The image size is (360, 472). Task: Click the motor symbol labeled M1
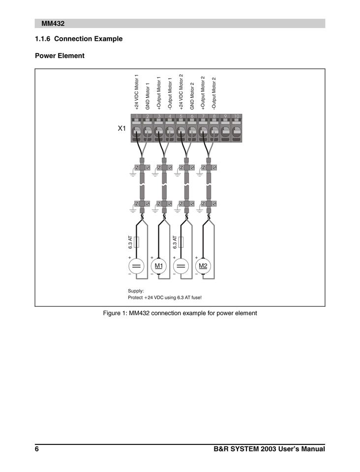pos(159,266)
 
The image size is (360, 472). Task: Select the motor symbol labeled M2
pos(203,266)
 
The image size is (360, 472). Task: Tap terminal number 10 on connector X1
pos(237,129)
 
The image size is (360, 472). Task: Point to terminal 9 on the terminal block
pos(225,129)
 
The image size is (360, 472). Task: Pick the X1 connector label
pos(122,128)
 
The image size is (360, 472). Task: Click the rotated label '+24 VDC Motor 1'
pos(136,92)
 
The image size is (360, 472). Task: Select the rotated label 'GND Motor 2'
pos(192,95)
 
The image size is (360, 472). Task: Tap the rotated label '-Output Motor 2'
pos(214,93)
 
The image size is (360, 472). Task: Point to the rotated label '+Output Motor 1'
pos(158,92)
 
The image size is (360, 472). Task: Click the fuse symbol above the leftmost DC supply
pos(137,242)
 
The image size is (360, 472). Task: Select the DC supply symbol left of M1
pos(136,266)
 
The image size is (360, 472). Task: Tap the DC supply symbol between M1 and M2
pos(181,266)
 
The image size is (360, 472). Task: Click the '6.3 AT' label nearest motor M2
pos(175,242)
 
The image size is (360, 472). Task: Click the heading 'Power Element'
pos(60,56)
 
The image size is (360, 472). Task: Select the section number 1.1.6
pos(43,38)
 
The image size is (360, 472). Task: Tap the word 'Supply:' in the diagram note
pos(136,291)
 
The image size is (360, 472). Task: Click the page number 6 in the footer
pos(37,449)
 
